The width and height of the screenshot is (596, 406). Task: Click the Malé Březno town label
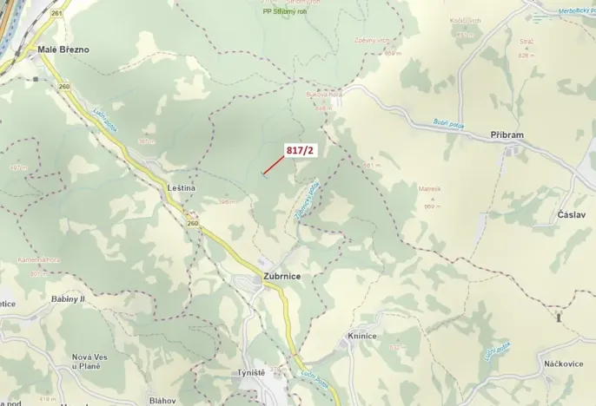tap(63, 49)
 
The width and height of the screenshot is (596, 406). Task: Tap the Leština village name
tap(182, 187)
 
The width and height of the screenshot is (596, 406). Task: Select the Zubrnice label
tap(282, 276)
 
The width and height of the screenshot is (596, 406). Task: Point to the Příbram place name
tap(507, 135)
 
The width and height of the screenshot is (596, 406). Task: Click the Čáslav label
tap(572, 214)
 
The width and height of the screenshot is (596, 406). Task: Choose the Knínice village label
tap(361, 336)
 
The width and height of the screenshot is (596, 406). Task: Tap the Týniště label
tap(251, 372)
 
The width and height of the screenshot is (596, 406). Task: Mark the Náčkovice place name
tap(562, 362)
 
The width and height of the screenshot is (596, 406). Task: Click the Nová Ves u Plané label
tap(94, 362)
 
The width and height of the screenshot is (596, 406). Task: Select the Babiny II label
tap(68, 298)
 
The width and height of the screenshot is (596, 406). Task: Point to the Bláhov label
tap(162, 400)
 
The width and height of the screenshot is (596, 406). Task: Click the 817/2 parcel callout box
tap(301, 150)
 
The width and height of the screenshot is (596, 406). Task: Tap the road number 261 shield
tap(57, 14)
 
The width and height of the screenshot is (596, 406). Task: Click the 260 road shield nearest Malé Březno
tap(63, 86)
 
